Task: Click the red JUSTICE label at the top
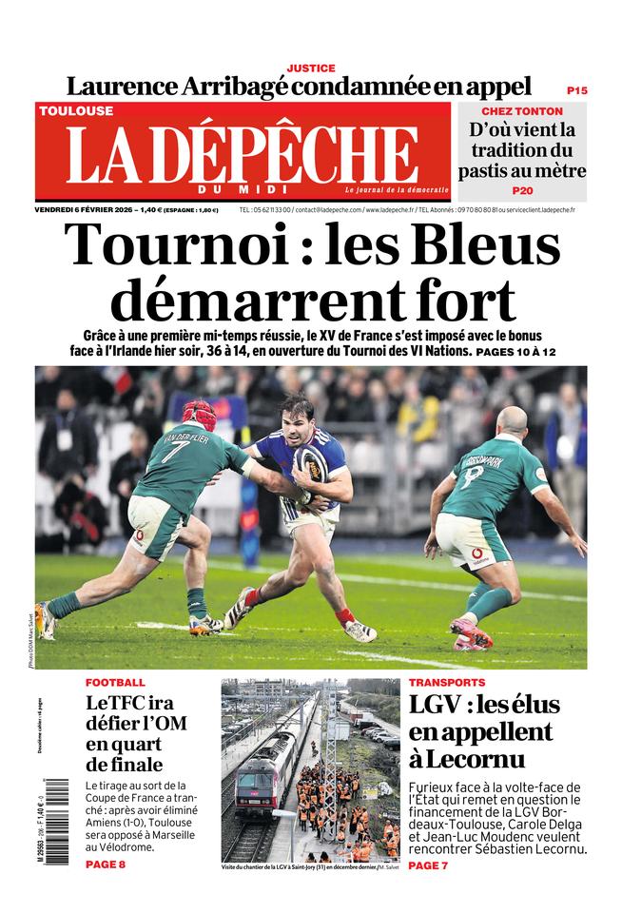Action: click(x=311, y=68)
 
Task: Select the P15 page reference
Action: click(x=576, y=90)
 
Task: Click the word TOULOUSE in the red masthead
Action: click(x=76, y=110)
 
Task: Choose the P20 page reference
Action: click(x=522, y=190)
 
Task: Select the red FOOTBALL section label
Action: click(x=115, y=683)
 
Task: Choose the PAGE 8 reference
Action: click(x=105, y=864)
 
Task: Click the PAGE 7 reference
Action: click(x=428, y=864)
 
